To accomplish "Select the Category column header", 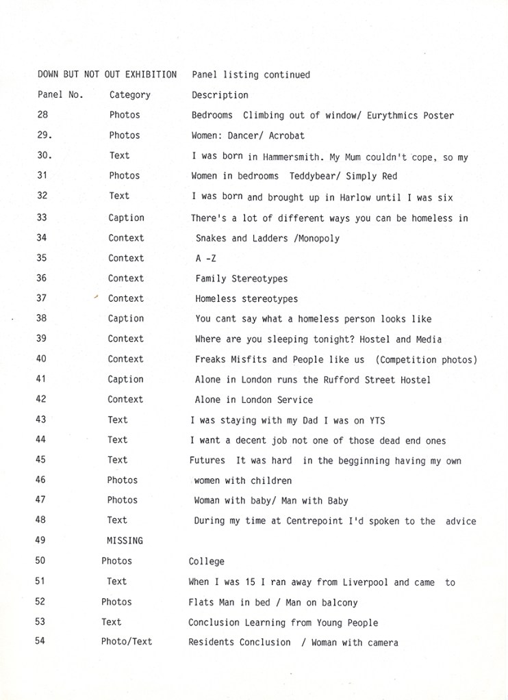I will click(129, 95).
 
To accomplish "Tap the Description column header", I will click(220, 95).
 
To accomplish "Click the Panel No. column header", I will click(60, 94).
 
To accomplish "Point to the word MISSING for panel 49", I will click(125, 541).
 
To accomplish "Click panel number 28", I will click(42, 115).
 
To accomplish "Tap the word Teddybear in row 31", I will click(312, 177).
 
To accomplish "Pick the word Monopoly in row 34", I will click(318, 238).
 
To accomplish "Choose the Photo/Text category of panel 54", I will click(127, 642).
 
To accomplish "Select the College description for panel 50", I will click(207, 561).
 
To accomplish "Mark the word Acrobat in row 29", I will click(287, 135).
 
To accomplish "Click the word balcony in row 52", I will click(339, 603).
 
